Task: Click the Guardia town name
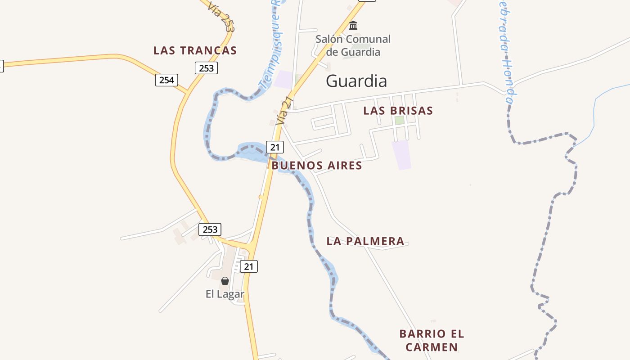coord(356,81)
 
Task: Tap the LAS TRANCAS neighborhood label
coord(195,50)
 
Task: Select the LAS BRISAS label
coord(398,111)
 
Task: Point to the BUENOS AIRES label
coord(317,166)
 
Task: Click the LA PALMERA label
coord(365,241)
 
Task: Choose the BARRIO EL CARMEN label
coord(432,341)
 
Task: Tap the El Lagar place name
coord(225,294)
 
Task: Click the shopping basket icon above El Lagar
coord(225,281)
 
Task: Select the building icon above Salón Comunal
coord(353,25)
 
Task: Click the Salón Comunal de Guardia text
coord(353,45)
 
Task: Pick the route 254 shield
coord(166,80)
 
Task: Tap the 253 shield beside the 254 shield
coord(206,68)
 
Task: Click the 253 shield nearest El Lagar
coord(210,229)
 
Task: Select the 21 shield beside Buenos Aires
coord(275,147)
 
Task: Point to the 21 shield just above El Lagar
coord(248,266)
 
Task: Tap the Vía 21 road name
coord(285,111)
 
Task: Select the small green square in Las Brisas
coord(399,120)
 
